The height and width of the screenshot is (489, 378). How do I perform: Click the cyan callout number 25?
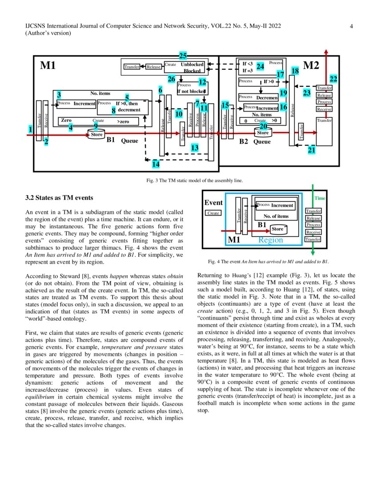pos(183,56)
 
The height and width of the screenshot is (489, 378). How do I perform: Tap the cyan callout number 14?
pos(155,164)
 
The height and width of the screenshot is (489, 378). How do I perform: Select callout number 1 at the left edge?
pos(30,129)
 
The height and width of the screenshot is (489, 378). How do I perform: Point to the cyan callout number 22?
pos(333,79)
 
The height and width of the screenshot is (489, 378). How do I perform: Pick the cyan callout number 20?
pos(263,126)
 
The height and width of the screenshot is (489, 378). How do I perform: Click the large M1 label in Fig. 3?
pos(48,66)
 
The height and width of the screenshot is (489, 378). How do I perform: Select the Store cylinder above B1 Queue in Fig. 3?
pos(97,134)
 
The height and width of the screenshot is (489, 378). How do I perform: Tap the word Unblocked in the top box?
pos(192,64)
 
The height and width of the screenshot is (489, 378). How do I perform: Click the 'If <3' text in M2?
pos(248,64)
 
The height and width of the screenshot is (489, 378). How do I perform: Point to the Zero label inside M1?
pos(66,120)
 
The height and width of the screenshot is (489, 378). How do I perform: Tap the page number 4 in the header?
pos(351,26)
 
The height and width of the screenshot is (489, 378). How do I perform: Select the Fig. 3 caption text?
pos(189,181)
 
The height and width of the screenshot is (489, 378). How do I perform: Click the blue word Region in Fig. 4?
pos(270,240)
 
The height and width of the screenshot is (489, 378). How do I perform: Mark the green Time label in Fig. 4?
pos(320,198)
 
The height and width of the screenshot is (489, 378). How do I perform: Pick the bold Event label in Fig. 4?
pos(213,203)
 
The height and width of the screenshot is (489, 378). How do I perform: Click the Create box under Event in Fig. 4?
pos(213,213)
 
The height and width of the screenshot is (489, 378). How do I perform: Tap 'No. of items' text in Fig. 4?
pos(273,216)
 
